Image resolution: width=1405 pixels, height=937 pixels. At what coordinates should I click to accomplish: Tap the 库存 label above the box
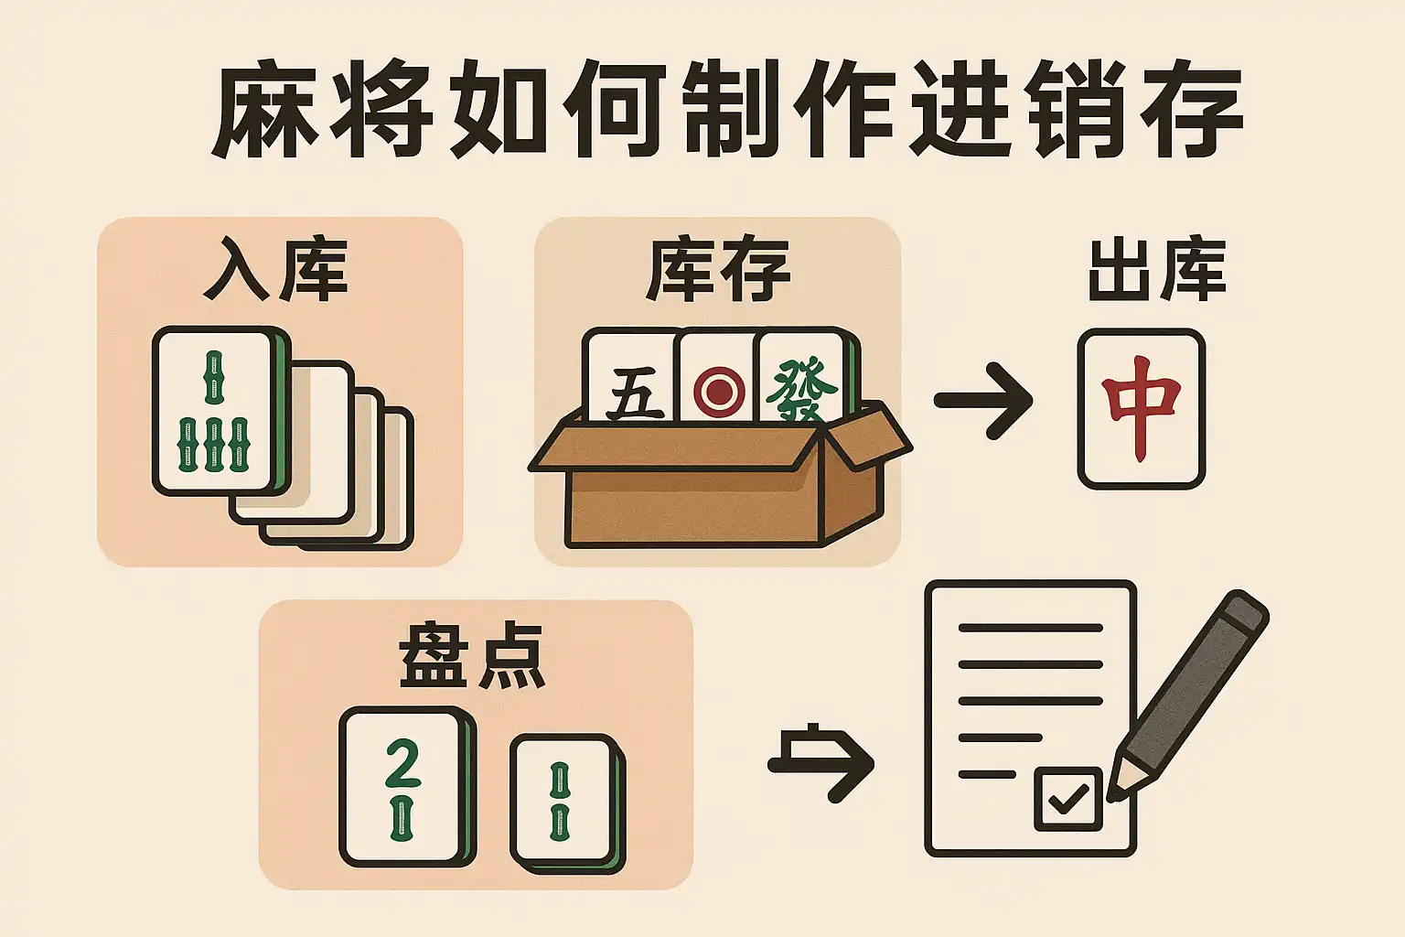tap(717, 270)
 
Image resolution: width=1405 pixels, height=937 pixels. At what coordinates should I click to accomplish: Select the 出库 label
tap(1156, 270)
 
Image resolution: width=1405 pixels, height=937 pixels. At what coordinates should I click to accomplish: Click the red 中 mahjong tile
tap(1142, 408)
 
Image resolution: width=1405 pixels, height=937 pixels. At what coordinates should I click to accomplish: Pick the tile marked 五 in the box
tap(632, 377)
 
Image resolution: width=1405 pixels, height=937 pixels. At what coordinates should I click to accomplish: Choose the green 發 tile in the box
tap(804, 377)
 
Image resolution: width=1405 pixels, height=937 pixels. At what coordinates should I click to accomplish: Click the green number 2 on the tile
tap(402, 763)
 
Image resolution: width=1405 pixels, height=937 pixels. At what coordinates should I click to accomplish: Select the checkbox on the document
tap(1068, 798)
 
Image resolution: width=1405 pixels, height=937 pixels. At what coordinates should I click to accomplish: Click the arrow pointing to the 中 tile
tap(983, 401)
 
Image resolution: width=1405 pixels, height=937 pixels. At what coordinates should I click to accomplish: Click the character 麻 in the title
tap(262, 109)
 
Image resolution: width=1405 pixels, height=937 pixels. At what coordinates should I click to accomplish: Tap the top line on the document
tap(1030, 628)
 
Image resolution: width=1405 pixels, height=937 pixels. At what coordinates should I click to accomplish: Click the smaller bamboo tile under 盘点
tap(567, 803)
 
